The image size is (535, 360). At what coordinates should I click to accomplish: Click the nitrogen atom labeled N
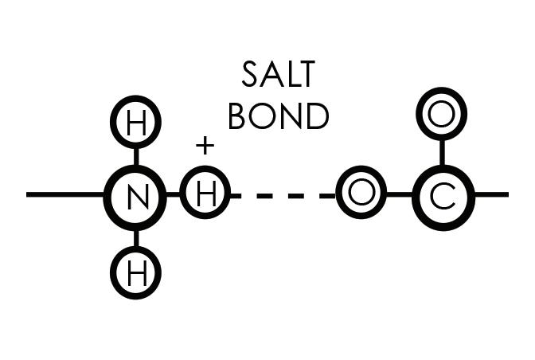135,195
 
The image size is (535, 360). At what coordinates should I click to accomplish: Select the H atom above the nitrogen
135,123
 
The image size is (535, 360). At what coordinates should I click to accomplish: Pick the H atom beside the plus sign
205,195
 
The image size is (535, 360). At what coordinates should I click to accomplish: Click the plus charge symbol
205,146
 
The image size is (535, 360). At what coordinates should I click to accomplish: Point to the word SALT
278,75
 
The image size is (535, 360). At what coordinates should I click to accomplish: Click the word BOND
278,116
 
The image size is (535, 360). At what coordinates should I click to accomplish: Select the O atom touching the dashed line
361,194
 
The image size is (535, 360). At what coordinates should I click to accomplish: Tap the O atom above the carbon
440,114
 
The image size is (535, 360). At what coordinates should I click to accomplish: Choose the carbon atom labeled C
443,195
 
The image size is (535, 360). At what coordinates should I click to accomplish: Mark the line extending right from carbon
491,194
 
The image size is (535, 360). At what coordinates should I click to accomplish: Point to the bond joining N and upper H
135,156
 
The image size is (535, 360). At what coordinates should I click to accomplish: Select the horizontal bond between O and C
399,194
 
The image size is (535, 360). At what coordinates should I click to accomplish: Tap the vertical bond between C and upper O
441,151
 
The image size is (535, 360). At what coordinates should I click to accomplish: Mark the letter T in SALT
306,75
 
